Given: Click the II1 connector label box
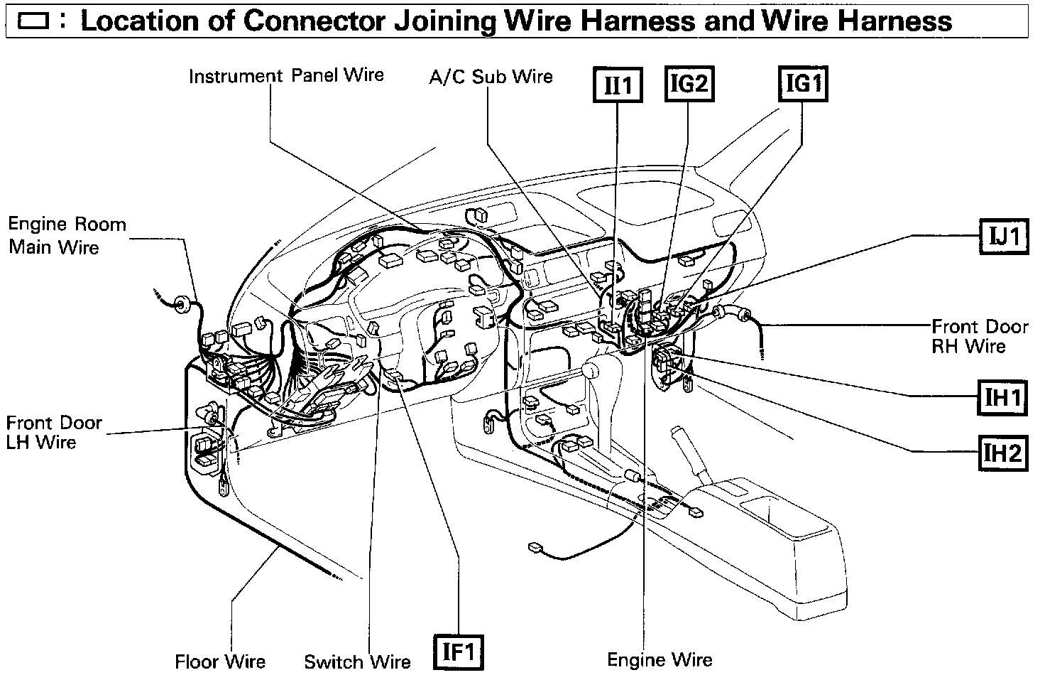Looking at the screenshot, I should pyautogui.click(x=618, y=86).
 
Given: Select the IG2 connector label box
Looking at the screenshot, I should pyautogui.click(x=689, y=85).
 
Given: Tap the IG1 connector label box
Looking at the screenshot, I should pyautogui.click(x=803, y=85).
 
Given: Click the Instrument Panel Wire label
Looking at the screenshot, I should pyautogui.click(x=286, y=75).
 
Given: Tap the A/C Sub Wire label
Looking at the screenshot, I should pyautogui.click(x=491, y=77).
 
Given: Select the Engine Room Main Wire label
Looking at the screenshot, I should pyautogui.click(x=67, y=236).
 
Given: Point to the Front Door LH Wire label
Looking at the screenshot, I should pyautogui.click(x=54, y=432).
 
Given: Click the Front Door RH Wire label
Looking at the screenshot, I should pyautogui.click(x=979, y=336).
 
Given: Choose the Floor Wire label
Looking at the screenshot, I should pyautogui.click(x=220, y=661).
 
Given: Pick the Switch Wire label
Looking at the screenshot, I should pyautogui.click(x=357, y=661).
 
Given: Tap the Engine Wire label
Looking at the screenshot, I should pyautogui.click(x=660, y=660).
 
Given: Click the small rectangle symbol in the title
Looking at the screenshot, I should pyautogui.click(x=33, y=21).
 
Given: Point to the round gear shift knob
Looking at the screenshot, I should pyautogui.click(x=590, y=370).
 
